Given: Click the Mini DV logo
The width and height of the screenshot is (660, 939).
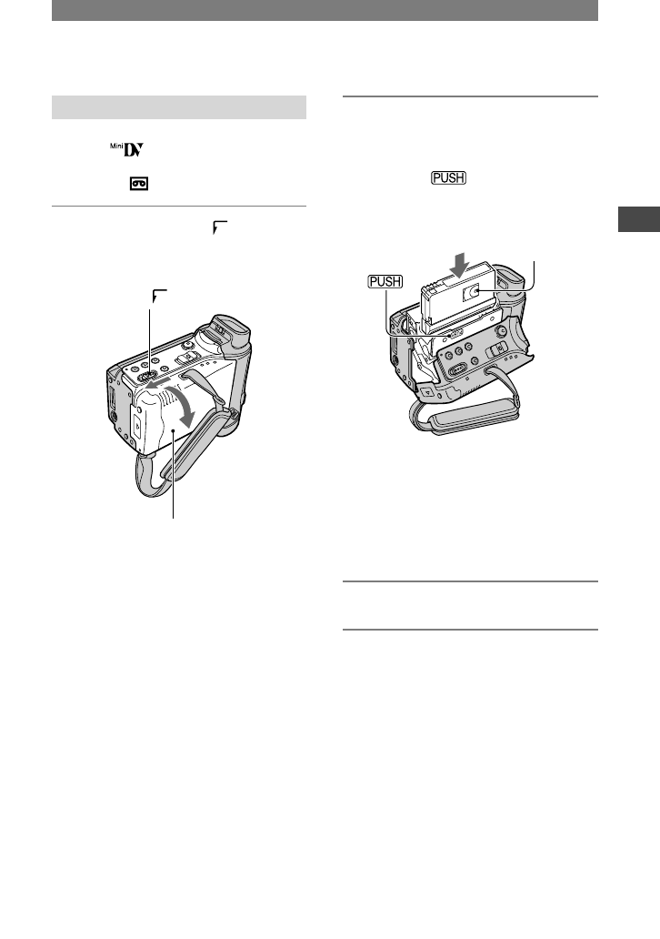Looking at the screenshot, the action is (126, 149).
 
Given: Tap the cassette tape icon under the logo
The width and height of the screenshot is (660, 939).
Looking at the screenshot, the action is (139, 184).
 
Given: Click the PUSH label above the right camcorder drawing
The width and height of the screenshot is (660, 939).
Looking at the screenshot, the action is (448, 177).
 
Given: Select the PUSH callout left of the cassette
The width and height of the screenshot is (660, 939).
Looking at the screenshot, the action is (385, 281).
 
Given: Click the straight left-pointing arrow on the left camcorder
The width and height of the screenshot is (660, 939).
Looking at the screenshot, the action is (162, 384).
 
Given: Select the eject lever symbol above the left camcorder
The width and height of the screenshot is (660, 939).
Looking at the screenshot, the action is (160, 295).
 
